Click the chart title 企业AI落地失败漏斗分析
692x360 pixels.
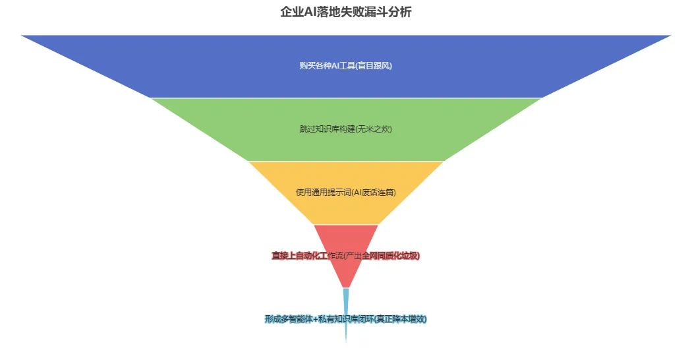click(x=346, y=12)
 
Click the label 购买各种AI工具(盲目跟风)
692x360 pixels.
click(x=346, y=65)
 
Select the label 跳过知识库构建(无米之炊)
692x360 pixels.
click(x=346, y=129)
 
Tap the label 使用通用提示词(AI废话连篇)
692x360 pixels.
click(x=346, y=192)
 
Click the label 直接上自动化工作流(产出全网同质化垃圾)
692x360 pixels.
click(x=346, y=255)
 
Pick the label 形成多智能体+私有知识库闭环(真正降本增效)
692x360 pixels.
click(x=346, y=318)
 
